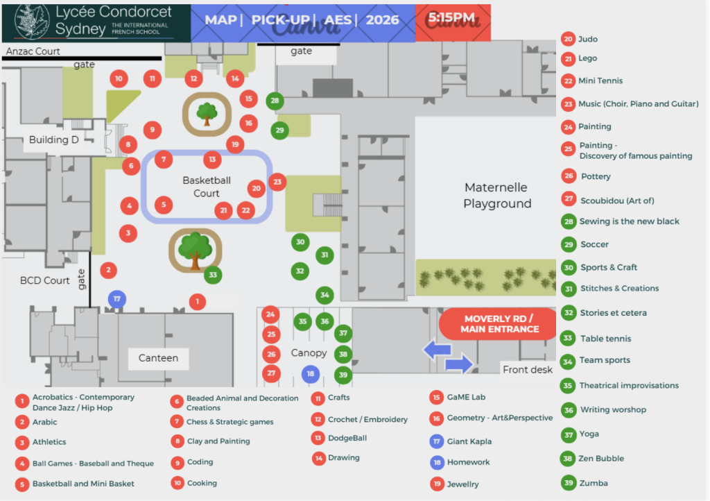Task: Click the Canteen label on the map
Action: click(158, 358)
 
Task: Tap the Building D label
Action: click(54, 139)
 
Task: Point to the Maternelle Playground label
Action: click(497, 195)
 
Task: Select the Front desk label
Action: click(528, 370)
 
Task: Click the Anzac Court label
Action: click(33, 51)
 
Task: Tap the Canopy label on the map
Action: click(309, 353)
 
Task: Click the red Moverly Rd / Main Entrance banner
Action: click(498, 324)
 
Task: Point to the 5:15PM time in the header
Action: click(451, 17)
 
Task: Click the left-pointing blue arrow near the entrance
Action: click(437, 350)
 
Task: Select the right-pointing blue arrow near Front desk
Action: click(459, 364)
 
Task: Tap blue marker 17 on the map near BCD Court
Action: click(116, 299)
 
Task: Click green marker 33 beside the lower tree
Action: click(213, 275)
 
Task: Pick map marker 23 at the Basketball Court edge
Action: click(277, 182)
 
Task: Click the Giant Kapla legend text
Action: click(469, 441)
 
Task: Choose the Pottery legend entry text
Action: click(596, 176)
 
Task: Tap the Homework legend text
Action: click(468, 462)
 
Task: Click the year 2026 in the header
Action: click(382, 20)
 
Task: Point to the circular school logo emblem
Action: click(32, 22)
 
